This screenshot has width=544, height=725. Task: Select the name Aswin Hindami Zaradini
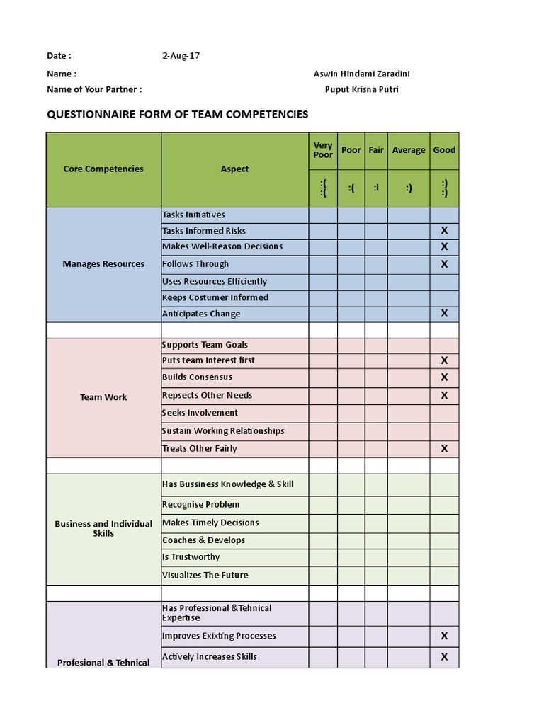pyautogui.click(x=361, y=74)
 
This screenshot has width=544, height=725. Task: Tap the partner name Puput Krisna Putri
pyautogui.click(x=361, y=89)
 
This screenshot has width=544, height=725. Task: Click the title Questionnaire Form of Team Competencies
pyautogui.click(x=177, y=114)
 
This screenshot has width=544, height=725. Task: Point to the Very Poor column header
pyautogui.click(x=323, y=150)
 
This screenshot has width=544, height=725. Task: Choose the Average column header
pyautogui.click(x=409, y=150)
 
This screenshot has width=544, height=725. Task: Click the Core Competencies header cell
pyautogui.click(x=103, y=169)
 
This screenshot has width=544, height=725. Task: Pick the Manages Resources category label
pyautogui.click(x=103, y=264)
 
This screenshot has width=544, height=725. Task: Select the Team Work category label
pyautogui.click(x=103, y=397)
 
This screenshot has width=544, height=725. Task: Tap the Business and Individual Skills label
pyautogui.click(x=103, y=528)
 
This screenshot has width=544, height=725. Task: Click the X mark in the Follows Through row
pyautogui.click(x=444, y=264)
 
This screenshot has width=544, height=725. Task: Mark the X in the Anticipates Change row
pyautogui.click(x=444, y=314)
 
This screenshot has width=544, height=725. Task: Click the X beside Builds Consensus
pyautogui.click(x=444, y=377)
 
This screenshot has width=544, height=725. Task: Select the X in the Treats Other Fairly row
pyautogui.click(x=444, y=448)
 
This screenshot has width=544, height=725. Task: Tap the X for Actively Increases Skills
pyautogui.click(x=444, y=656)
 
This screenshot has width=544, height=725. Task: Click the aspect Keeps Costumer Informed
pyautogui.click(x=215, y=297)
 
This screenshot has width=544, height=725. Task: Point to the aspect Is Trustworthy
pyautogui.click(x=191, y=557)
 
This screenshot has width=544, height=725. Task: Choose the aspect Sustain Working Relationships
pyautogui.click(x=223, y=430)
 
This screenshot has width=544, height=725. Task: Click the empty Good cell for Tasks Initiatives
pyautogui.click(x=444, y=215)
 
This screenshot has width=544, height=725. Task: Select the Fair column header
pyautogui.click(x=376, y=150)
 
